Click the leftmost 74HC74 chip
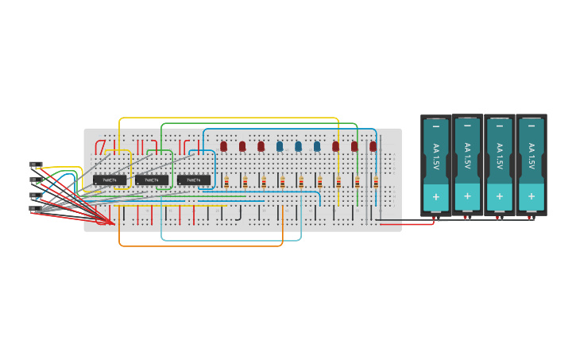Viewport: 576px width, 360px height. (110, 180)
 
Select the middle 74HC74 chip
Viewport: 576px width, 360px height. (152, 180)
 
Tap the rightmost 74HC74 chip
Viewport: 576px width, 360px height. (194, 180)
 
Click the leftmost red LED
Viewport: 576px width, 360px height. (224, 146)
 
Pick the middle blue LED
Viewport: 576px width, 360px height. (298, 146)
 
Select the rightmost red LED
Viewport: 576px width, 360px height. (373, 146)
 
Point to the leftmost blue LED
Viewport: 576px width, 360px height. (280, 146)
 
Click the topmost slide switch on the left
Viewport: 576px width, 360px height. (36, 165)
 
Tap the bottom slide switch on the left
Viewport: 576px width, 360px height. (36, 210)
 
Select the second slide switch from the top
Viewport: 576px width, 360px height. (36, 180)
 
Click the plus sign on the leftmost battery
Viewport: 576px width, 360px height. (435, 195)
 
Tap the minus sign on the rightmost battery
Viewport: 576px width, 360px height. (531, 126)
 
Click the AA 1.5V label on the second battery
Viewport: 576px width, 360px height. (467, 156)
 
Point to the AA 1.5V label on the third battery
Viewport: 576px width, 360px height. (499, 156)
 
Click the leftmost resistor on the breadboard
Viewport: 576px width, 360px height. (226, 183)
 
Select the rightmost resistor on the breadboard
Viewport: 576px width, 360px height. (376, 183)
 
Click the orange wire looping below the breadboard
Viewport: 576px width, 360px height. (199, 246)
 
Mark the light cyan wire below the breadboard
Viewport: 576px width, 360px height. (230, 239)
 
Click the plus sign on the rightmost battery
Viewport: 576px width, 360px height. (531, 195)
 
